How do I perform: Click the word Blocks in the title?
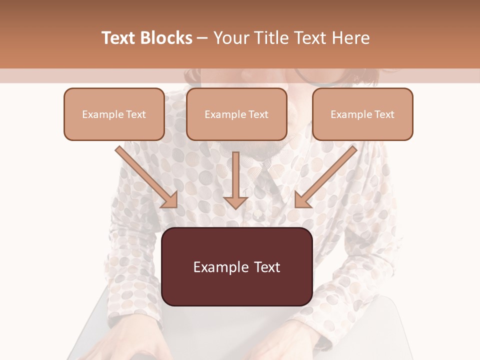point(165,38)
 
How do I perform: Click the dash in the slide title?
point(202,38)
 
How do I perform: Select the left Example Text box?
point(114,114)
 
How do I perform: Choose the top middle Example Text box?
point(236,114)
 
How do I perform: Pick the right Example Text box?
point(362,114)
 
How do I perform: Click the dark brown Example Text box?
point(236,267)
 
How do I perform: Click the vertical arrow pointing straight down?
point(235,177)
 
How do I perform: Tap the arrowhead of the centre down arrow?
point(235,202)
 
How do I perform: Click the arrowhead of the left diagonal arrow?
point(170,200)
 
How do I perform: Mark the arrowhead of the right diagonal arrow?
point(302,200)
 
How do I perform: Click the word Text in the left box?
point(136,114)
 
